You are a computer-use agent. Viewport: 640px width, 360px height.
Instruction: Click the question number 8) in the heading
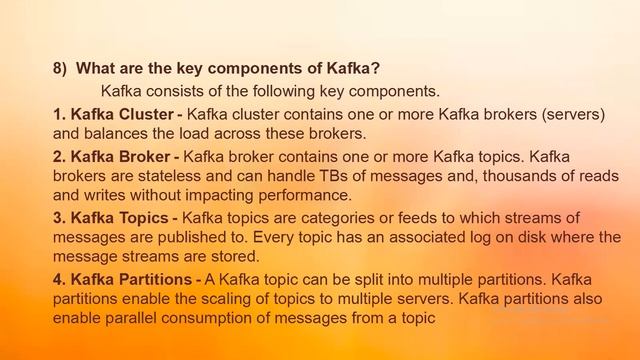(61, 69)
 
